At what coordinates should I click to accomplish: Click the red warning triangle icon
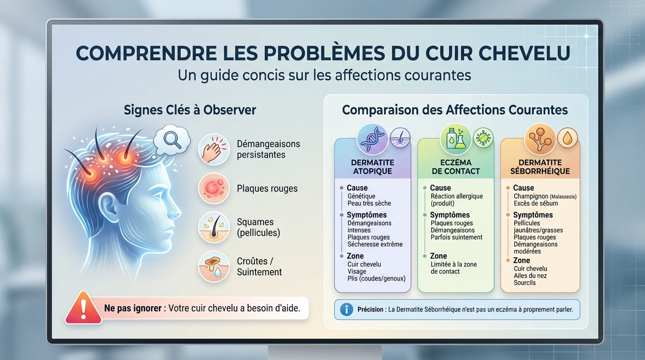click(x=83, y=308)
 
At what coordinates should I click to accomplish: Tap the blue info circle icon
click(x=346, y=309)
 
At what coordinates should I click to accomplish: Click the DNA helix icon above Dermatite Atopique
click(x=372, y=139)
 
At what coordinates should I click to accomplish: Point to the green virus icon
click(x=483, y=138)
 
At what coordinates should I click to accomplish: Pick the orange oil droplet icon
click(x=567, y=138)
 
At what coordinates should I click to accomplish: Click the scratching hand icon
click(x=214, y=149)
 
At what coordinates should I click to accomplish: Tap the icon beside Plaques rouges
click(x=214, y=188)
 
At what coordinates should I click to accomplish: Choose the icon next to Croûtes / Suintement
click(x=214, y=266)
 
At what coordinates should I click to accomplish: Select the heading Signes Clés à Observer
click(x=190, y=110)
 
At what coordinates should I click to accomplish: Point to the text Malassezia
click(x=563, y=196)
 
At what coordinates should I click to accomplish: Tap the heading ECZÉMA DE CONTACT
click(x=455, y=167)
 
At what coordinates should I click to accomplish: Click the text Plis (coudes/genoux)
click(x=376, y=278)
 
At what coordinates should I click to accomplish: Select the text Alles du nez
click(x=530, y=276)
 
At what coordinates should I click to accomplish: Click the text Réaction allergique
click(x=457, y=196)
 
